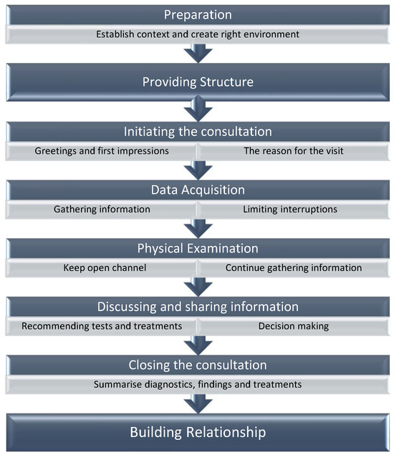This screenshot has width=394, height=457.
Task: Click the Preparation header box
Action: (197, 15)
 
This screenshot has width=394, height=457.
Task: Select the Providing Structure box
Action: (197, 82)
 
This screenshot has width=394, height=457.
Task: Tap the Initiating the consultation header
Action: (197, 132)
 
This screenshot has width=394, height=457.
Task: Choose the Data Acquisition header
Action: (197, 190)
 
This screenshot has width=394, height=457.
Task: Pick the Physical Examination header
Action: (197, 248)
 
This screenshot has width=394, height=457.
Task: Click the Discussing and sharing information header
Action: (197, 306)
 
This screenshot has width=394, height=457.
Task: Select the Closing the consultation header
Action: (197, 365)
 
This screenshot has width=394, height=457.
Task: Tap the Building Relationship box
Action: (197, 431)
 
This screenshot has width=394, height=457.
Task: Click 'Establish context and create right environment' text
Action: (197, 34)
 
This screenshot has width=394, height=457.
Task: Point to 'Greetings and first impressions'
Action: (102, 151)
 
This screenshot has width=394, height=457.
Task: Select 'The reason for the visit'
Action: (293, 151)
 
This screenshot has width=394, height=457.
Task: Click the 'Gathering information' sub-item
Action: (102, 210)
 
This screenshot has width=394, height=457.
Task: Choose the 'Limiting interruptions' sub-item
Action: (293, 210)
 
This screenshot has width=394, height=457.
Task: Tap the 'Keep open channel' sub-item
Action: (102, 268)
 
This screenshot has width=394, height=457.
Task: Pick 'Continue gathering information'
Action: (293, 268)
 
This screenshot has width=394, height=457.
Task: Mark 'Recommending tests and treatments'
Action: (102, 326)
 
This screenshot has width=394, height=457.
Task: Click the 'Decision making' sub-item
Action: (293, 326)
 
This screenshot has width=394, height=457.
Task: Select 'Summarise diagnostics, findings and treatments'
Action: (197, 385)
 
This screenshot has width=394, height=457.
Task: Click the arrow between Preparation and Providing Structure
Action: (197, 53)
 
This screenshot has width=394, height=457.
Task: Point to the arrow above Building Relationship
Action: (197, 403)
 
